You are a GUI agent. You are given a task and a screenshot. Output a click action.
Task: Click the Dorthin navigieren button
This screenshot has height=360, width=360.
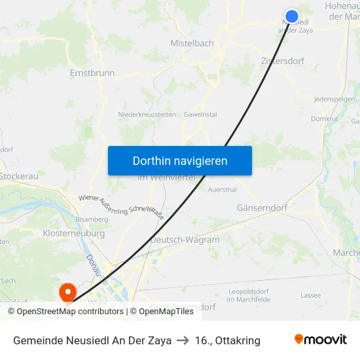click(x=180, y=160)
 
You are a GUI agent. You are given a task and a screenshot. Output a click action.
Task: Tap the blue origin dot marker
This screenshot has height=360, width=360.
click(x=292, y=16)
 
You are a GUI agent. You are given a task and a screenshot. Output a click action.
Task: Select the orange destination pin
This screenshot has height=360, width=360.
click(x=67, y=291)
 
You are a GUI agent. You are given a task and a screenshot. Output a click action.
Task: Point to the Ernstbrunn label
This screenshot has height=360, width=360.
click(x=92, y=73)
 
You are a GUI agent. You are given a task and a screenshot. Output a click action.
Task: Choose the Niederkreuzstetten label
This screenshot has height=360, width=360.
click(x=147, y=115)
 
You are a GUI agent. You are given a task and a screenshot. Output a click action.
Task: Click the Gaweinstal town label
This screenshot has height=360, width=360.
click(x=200, y=115)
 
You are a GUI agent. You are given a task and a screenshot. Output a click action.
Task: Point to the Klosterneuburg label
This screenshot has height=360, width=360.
click(x=73, y=233)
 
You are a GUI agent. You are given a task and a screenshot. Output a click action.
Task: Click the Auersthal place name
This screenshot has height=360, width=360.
click(x=222, y=190)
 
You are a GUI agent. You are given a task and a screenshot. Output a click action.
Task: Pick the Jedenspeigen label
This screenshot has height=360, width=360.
click(x=334, y=99)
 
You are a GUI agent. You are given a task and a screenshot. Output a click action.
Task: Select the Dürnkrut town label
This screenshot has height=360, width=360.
click(x=325, y=119)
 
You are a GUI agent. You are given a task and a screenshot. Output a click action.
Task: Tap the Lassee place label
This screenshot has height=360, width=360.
click(x=311, y=295)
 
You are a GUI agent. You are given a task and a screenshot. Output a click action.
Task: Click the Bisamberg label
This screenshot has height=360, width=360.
click(x=92, y=219)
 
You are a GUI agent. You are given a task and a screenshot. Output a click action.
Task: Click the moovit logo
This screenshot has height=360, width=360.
click(x=321, y=340)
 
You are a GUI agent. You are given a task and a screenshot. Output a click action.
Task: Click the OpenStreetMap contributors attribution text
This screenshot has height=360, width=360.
click(x=70, y=312)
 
